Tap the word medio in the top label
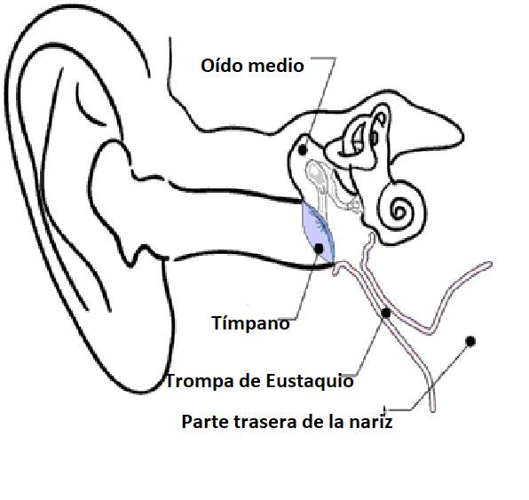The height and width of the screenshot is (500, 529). tap(276, 65)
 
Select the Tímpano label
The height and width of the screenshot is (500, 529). tap(250, 322)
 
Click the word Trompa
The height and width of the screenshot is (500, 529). tap(195, 381)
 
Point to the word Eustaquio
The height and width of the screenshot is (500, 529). tap(310, 381)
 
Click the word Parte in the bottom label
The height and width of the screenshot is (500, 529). tap(205, 422)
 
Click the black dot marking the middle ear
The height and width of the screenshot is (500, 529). tap(303, 149)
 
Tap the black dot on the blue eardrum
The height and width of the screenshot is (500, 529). tap(319, 249)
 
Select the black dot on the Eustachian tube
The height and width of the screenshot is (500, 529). tap(386, 313)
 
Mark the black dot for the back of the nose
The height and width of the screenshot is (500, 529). tap(470, 342)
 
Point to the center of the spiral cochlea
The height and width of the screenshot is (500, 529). tap(400, 211)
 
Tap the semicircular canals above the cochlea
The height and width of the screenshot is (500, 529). tap(363, 137)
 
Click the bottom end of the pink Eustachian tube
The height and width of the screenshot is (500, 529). tap(432, 409)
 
